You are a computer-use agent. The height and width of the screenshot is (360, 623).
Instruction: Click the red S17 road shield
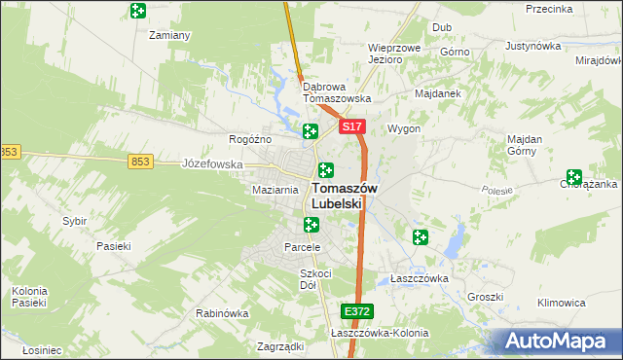click(352, 127)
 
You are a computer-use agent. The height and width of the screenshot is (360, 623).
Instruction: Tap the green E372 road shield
click(356, 310)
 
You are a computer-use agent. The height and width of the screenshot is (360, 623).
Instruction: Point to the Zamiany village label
click(168, 35)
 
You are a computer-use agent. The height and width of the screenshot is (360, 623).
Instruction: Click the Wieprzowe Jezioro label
click(393, 53)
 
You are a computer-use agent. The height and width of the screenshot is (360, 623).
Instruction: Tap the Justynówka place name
click(534, 46)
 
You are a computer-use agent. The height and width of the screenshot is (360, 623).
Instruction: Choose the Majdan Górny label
click(531, 145)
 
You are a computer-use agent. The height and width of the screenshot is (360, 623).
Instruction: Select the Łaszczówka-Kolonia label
click(380, 333)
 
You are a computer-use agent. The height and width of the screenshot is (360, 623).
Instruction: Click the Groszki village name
click(484, 297)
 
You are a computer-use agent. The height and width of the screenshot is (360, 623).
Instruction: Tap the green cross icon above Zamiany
click(138, 11)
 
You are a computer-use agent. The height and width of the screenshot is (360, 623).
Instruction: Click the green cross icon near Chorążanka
click(572, 177)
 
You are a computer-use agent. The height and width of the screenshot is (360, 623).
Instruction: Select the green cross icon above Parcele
click(311, 226)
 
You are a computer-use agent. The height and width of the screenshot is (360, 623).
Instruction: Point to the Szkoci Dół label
click(316, 279)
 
